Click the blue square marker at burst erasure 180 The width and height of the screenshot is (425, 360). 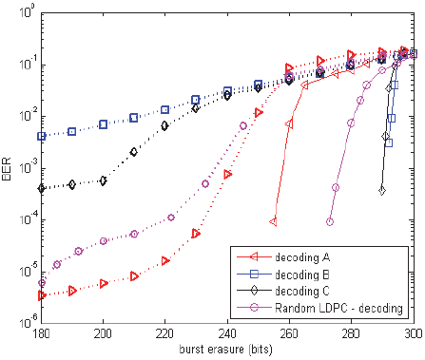(x=42, y=137)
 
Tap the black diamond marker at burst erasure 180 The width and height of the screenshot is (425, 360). (x=42, y=188)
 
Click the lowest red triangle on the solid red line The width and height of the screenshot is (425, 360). (x=274, y=221)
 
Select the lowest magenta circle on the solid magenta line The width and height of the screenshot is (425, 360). (x=330, y=221)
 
